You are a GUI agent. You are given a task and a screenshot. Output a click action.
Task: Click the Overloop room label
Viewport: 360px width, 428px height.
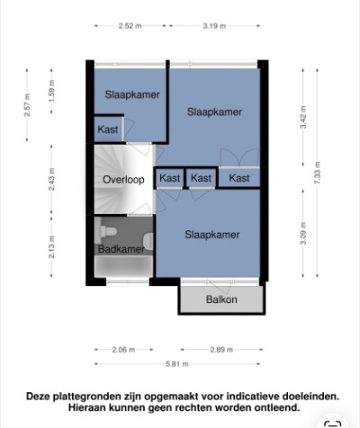123,180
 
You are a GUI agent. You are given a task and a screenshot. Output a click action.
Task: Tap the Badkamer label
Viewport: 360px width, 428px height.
121,249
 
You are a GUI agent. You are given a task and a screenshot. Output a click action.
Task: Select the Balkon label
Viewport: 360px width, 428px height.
221,299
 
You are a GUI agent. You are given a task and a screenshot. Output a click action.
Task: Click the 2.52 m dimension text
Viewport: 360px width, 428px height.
130,26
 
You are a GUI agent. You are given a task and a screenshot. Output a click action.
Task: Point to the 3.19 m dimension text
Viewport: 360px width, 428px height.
214,26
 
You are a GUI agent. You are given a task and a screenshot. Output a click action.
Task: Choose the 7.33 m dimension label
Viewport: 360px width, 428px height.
317,173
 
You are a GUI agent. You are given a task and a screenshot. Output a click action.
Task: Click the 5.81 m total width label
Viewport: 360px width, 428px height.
177,364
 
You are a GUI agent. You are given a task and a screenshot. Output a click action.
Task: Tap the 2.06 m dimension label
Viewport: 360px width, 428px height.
123,350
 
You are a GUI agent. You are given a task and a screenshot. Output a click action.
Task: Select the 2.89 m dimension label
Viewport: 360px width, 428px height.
221,350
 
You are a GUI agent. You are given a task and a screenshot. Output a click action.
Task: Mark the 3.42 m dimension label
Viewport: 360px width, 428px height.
303,117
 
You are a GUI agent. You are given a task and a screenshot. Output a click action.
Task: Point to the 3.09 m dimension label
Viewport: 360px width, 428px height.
303,234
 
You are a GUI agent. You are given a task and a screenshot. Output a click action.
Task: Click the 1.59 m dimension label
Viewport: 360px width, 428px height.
51,91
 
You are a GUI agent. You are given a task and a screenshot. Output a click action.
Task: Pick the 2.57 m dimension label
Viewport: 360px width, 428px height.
27,105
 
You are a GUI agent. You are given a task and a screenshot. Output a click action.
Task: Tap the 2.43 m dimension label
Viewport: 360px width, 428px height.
51,179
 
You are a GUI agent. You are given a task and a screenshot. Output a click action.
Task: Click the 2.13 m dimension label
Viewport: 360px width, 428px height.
51,247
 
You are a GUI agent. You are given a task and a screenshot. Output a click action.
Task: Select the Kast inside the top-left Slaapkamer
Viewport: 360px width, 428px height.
108,129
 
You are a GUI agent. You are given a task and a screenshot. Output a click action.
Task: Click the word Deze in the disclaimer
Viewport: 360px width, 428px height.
38,397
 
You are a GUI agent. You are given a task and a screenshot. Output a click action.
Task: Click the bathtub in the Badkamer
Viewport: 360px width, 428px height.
123,266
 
